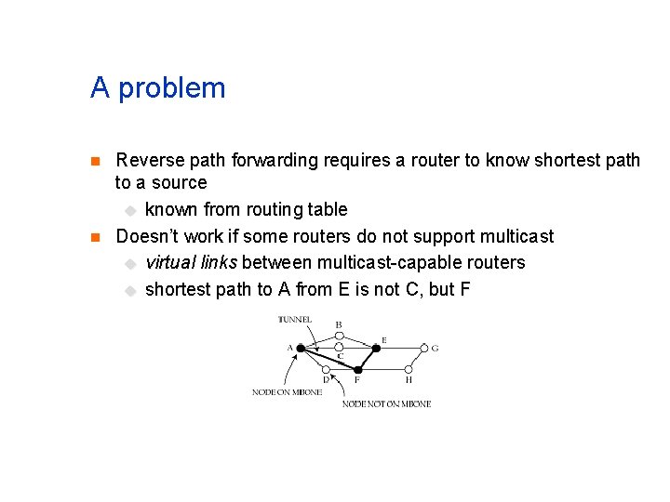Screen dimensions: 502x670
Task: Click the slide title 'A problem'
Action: (x=158, y=88)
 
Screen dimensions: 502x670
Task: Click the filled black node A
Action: (x=301, y=348)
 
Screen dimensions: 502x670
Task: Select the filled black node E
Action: (x=377, y=348)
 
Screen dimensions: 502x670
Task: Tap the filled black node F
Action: (x=357, y=370)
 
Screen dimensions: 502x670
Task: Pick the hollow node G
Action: (x=423, y=348)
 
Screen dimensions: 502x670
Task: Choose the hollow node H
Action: (x=409, y=370)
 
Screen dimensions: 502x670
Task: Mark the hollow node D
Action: (x=326, y=370)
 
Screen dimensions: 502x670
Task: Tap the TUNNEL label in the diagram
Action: (x=295, y=320)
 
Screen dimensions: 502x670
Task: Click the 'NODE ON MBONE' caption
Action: (x=287, y=392)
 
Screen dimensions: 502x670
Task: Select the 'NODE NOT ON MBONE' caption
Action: (x=386, y=403)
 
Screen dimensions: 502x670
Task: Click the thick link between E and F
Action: (x=368, y=359)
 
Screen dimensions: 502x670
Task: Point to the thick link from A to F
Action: (x=328, y=358)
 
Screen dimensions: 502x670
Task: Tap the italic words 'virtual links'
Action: (x=192, y=263)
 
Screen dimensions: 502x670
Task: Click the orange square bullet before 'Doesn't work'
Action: (x=94, y=237)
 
